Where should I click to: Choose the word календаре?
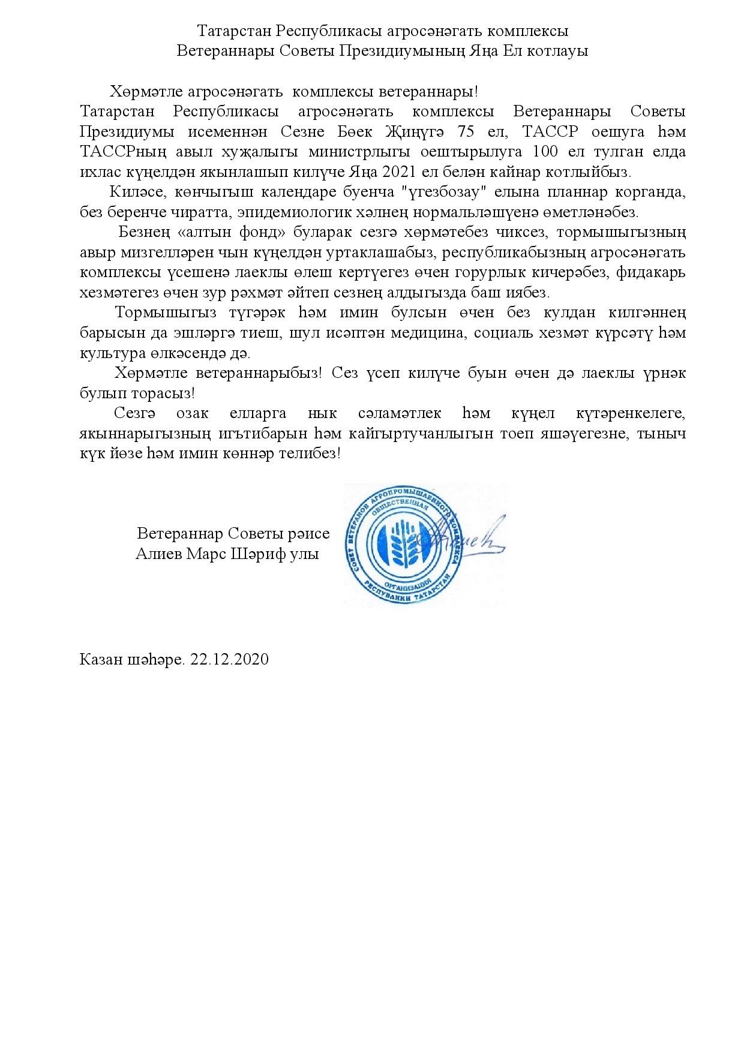pyautogui.click(x=294, y=193)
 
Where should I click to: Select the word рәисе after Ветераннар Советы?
pyautogui.click(x=308, y=534)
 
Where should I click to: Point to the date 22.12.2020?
pyautogui.click(x=229, y=660)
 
